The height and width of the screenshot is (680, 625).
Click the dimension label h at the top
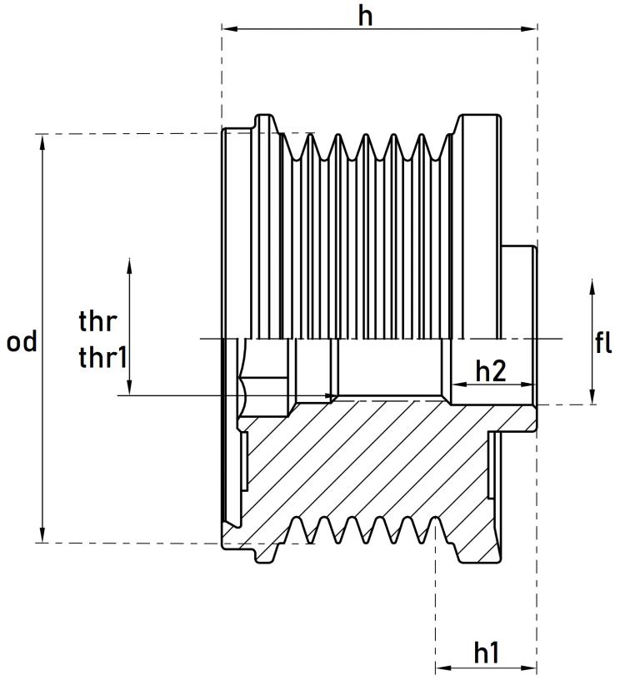click(365, 16)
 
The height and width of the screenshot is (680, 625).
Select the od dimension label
click(22, 341)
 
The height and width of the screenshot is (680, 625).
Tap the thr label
click(97, 320)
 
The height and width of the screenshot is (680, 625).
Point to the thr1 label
click(102, 358)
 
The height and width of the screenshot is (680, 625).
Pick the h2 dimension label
click(491, 371)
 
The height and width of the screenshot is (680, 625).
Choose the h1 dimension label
click(487, 653)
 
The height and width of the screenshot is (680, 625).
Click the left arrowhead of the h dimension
click(227, 29)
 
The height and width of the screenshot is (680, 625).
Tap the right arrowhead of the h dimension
click(531, 29)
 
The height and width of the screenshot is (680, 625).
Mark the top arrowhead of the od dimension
click(42, 140)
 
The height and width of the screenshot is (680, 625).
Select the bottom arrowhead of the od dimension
click(42, 536)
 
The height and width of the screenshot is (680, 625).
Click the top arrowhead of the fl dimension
click(592, 285)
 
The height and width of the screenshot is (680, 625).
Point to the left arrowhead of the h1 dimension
click(442, 668)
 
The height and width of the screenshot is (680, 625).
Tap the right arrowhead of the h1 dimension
click(531, 668)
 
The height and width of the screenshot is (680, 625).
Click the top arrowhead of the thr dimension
click(129, 265)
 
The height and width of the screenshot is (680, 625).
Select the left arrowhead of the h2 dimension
click(457, 385)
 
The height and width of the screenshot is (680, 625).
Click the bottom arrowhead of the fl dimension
click(592, 399)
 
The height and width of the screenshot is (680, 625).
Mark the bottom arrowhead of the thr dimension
click(129, 389)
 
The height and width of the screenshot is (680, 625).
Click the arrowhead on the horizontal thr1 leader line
click(330, 395)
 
